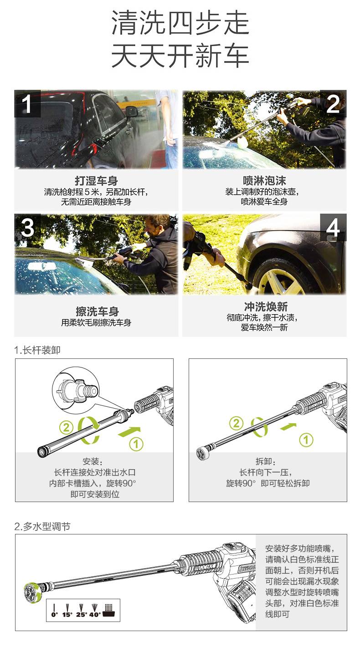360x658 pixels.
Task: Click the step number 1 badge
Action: coord(27,104)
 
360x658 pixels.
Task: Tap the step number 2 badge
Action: coord(333,104)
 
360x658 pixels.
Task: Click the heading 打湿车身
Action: coord(96,181)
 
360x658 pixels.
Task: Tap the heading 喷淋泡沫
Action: coord(264,181)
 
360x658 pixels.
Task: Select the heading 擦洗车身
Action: coord(97,311)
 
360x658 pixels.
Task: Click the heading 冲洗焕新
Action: coord(266,306)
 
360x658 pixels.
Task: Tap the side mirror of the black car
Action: coord(132,112)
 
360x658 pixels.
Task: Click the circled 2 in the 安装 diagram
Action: coord(66,427)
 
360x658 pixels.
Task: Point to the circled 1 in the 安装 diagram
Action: coord(136,444)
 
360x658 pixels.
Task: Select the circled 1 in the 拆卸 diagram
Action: coord(306,440)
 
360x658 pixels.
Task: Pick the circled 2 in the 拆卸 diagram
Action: coord(237,423)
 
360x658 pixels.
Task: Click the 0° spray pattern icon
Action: coord(54,610)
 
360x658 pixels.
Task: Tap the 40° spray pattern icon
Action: coord(94,610)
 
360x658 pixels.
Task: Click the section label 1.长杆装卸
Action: coord(37,350)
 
